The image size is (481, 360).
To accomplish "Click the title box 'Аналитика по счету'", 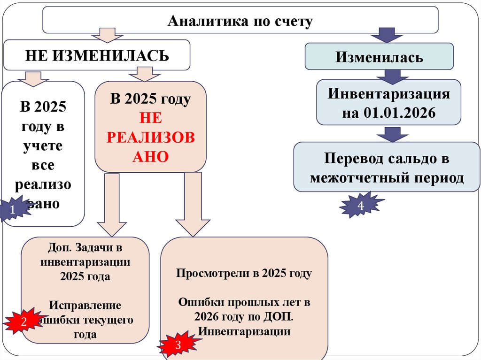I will point(240,21).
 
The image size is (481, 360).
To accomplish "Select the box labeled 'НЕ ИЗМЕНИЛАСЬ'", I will point(97,55).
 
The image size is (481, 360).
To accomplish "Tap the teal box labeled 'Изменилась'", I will point(379,57).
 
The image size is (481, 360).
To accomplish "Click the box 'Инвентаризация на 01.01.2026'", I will point(388,103).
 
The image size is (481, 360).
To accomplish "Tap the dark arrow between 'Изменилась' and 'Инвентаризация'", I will point(388,75).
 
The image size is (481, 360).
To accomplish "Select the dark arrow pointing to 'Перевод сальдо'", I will point(388,134).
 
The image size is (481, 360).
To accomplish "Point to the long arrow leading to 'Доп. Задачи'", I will point(112,204).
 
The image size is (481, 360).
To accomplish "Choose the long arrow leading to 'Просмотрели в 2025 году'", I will point(193,204).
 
